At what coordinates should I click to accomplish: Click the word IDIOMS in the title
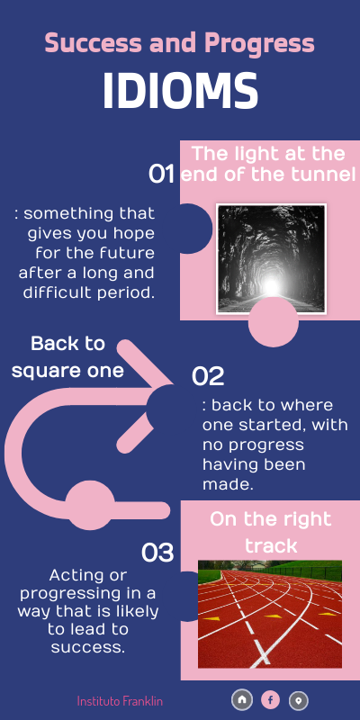coord(180,91)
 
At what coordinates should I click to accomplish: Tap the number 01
coord(161,174)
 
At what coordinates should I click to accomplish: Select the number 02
coord(208,376)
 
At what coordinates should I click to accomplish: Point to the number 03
coord(157,553)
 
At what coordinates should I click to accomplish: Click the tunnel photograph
coord(271,258)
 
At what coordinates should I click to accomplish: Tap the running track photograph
coord(270,614)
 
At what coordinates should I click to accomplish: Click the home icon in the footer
coord(241,699)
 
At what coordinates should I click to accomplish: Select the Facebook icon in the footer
coord(270,699)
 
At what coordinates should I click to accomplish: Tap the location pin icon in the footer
coord(299,699)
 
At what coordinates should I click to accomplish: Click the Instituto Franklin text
coord(120,700)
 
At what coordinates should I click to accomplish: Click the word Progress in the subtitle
coord(259,42)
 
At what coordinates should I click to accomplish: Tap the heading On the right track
coord(270,532)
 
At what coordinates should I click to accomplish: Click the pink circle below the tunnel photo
coord(273,322)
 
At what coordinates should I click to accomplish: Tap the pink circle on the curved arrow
coord(90,506)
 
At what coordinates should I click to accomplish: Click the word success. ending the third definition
coord(89,646)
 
